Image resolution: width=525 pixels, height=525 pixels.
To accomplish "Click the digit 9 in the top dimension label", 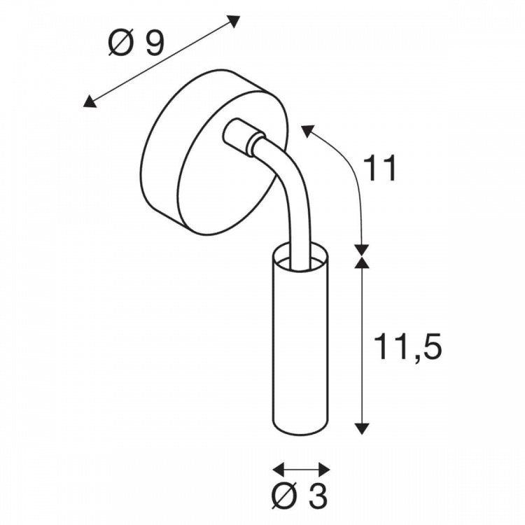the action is pyautogui.click(x=155, y=43).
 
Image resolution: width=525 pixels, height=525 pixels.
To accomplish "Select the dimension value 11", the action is pyautogui.click(x=381, y=168).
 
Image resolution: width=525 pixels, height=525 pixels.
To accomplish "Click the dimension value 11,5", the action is pyautogui.click(x=407, y=347).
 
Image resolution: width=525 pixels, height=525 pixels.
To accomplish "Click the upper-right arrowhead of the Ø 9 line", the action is pyautogui.click(x=233, y=21).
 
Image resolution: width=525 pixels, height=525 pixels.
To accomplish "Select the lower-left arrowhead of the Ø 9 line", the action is pyautogui.click(x=90, y=101).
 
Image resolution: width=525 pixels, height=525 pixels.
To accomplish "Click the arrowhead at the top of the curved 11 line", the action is pyautogui.click(x=308, y=131).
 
